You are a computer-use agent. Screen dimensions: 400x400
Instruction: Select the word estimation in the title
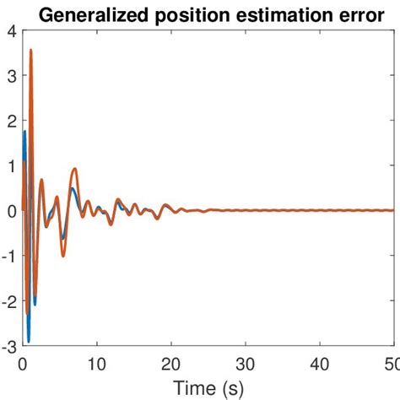pyautogui.click(x=271, y=14)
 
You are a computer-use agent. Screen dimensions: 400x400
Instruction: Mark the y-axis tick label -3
pyautogui.click(x=8, y=346)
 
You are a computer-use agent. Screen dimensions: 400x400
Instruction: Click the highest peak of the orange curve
pyautogui.click(x=31, y=51)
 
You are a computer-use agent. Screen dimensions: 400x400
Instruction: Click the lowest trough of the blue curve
pyautogui.click(x=29, y=342)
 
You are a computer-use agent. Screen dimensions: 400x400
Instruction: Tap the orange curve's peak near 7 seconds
pyautogui.click(x=74, y=169)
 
